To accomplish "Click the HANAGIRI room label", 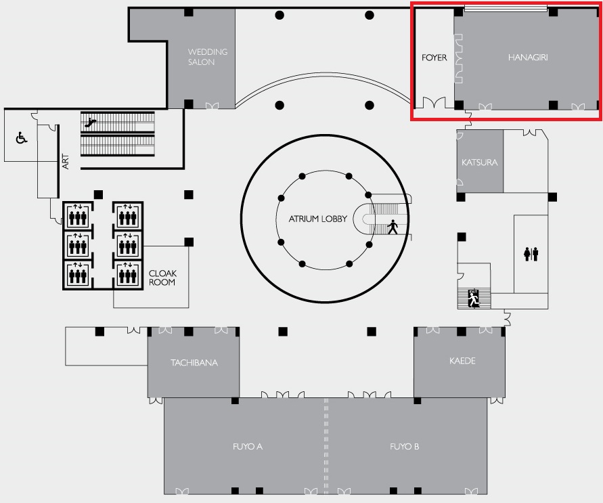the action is [x=528, y=58].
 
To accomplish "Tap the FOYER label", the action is [x=434, y=58].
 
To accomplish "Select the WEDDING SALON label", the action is [x=208, y=57].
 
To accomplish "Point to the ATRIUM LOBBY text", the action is [x=317, y=219].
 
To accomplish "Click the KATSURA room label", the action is [x=480, y=162].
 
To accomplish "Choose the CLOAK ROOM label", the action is [x=162, y=278].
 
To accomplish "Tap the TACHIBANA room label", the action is [x=194, y=363].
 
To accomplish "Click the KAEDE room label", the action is [x=462, y=361].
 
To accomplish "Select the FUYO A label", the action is [x=247, y=446].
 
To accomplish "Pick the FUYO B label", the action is [x=404, y=446].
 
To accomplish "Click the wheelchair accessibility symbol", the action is [x=22, y=137].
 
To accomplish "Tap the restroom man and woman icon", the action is [x=531, y=254].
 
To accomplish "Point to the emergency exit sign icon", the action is [x=474, y=299].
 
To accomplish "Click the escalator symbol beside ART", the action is [x=91, y=123].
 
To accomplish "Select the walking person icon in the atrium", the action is [x=393, y=227].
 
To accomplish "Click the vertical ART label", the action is [x=66, y=162].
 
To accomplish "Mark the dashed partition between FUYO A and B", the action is [x=326, y=446].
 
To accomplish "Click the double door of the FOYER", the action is [x=434, y=103].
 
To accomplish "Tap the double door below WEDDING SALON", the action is [x=212, y=106].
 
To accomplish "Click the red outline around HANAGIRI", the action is [x=411, y=62].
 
